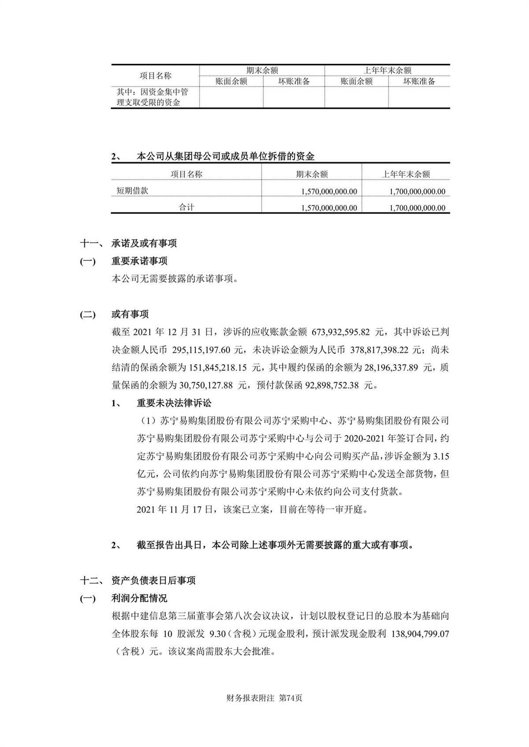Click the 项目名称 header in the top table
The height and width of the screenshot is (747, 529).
(155, 76)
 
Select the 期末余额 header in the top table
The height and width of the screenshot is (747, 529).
(262, 70)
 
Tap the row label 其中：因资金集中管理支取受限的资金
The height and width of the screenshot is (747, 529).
(152, 97)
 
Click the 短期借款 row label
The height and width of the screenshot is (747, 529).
(132, 191)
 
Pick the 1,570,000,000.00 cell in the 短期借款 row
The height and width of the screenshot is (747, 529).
(329, 192)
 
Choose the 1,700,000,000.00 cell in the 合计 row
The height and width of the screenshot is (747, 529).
(417, 208)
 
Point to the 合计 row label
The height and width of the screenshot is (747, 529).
(186, 207)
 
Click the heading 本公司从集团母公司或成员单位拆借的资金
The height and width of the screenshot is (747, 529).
(226, 156)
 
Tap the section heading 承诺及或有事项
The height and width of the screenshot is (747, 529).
(144, 243)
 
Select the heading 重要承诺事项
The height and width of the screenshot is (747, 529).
(139, 261)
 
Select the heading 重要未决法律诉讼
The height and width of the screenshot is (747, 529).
(174, 403)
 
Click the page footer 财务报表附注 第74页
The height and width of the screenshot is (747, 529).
(264, 698)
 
